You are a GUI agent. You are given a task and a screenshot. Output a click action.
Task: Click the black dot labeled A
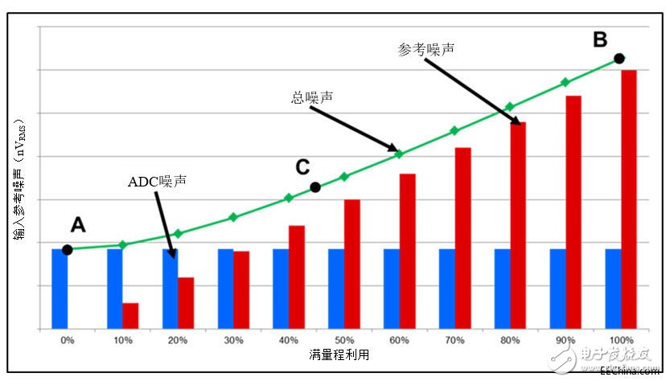67,250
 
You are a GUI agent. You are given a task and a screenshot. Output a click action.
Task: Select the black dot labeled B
619,58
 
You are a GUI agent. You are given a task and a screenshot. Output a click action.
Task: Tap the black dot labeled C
315,187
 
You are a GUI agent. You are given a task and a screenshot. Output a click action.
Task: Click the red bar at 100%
629,199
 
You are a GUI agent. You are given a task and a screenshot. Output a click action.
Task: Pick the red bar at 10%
130,315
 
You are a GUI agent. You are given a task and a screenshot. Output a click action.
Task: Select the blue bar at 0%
60,288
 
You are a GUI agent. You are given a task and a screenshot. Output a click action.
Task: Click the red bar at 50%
352,264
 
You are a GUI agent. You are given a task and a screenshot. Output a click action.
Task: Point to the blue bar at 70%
446,288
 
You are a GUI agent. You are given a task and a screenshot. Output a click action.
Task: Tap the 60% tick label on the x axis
399,340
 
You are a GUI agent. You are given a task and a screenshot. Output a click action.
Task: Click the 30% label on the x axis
233,340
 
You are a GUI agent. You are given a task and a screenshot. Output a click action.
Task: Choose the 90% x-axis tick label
565,340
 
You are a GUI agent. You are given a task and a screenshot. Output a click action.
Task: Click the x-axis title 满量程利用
337,354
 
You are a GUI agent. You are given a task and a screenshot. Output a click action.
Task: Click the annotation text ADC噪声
157,182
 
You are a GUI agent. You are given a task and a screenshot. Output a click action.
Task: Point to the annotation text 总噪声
312,97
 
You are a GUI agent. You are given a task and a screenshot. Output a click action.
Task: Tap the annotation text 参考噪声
426,49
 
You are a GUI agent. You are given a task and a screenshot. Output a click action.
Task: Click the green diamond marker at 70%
454,130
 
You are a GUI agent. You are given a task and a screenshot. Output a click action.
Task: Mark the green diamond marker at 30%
233,217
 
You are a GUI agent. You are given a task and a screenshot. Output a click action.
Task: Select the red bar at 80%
518,225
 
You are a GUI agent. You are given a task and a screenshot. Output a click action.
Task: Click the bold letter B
600,38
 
